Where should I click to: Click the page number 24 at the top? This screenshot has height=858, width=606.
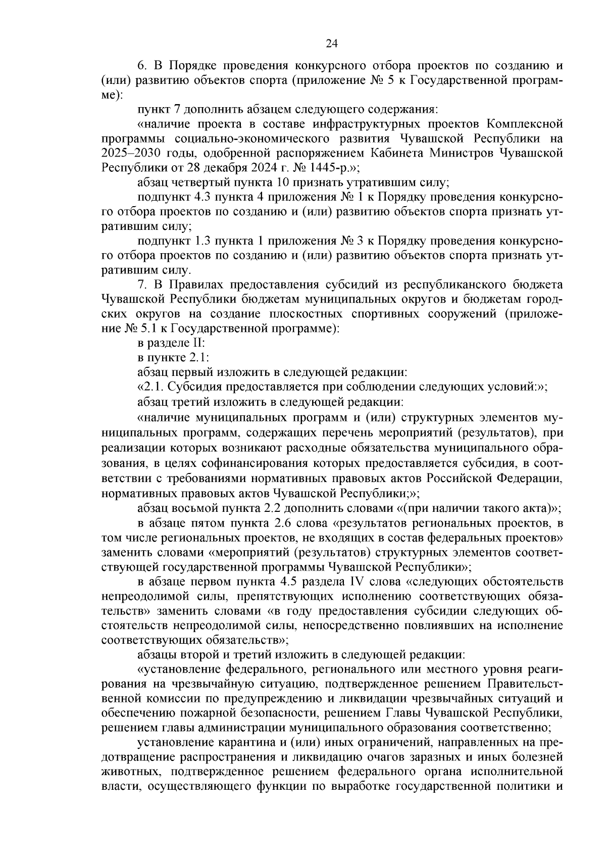(x=331, y=43)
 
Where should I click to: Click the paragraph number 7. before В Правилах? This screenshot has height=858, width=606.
(x=142, y=285)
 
